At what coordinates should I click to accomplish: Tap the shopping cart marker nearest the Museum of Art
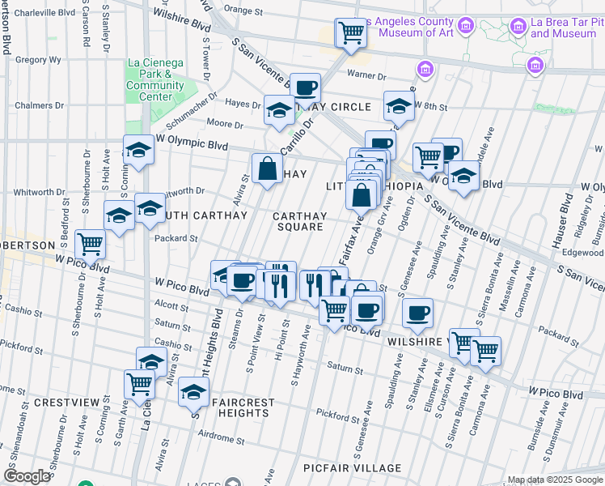(351, 34)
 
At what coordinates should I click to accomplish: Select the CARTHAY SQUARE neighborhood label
(298, 221)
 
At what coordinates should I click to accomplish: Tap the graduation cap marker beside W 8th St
(398, 106)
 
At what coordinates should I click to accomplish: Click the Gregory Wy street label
(38, 59)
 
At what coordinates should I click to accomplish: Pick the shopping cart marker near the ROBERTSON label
(90, 243)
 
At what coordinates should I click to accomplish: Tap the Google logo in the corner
(27, 476)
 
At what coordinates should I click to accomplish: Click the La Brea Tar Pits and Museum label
(564, 28)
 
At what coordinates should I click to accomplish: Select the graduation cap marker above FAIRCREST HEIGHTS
(192, 393)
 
